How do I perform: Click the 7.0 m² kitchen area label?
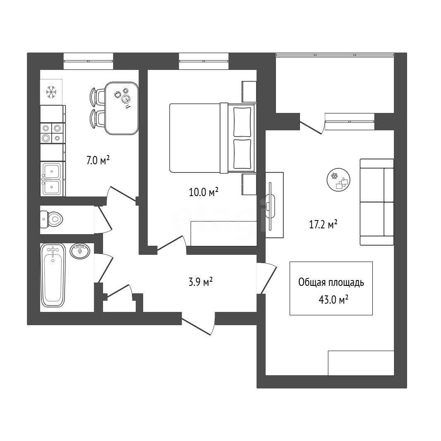point(98,161)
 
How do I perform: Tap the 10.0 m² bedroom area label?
point(204,192)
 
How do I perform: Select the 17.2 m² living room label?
point(324,225)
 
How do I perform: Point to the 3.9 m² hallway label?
point(201,282)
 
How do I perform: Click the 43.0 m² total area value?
point(333,300)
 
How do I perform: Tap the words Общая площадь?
point(331,283)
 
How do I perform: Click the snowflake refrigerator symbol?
point(51,92)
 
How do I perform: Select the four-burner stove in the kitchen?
point(53,133)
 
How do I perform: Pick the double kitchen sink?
point(53,179)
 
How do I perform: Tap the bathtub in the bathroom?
point(53,276)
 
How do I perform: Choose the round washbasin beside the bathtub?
point(80,251)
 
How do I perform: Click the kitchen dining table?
point(122,108)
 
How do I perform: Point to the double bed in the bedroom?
point(213,138)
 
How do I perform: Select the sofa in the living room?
point(377,202)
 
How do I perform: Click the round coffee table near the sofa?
point(339,180)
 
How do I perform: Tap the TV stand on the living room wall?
point(274,205)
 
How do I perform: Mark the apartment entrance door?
point(198,324)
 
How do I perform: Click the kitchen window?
point(88,61)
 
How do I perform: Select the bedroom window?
point(204,61)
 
